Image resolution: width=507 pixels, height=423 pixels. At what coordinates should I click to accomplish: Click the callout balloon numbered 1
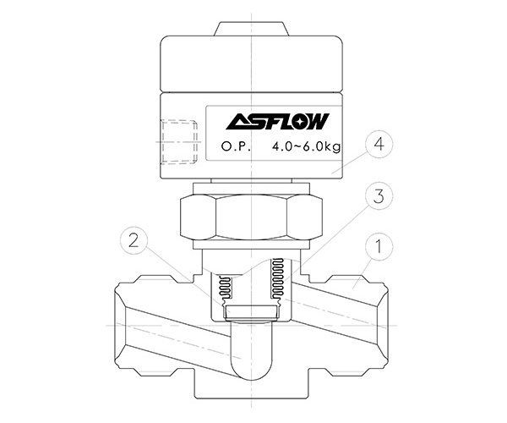tap(379, 247)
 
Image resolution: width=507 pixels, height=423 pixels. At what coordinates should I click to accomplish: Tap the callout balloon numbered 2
tap(134, 241)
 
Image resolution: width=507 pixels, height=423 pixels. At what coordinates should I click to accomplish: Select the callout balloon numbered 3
tap(379, 196)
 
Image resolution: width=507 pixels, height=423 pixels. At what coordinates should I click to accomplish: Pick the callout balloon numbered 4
tap(379, 145)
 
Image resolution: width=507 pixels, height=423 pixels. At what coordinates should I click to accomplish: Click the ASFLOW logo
tap(277, 121)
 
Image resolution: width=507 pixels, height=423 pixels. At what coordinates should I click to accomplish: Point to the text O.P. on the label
tap(236, 146)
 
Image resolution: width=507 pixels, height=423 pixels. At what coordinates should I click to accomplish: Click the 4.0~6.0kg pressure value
tap(306, 147)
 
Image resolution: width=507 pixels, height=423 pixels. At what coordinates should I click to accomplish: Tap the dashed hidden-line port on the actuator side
tap(179, 142)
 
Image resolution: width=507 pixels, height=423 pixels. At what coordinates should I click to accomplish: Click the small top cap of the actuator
tap(252, 29)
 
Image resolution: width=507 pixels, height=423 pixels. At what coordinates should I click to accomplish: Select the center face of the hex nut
tap(252, 217)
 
